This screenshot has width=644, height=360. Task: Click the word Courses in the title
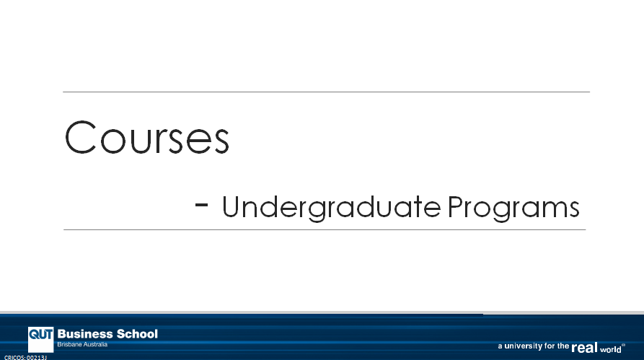tap(146, 137)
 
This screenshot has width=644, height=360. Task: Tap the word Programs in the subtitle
tap(513, 208)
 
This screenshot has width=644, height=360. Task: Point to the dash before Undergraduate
tap(201, 204)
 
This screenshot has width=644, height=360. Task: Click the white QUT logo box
tap(40, 340)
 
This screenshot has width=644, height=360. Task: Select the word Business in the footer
tap(85, 334)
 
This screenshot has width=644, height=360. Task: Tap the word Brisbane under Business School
tap(68, 344)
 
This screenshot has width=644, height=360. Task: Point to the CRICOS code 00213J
tap(37, 358)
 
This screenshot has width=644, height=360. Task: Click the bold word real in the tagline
tap(584, 348)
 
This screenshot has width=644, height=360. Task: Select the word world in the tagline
tap(611, 349)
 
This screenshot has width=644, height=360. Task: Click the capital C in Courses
tap(80, 137)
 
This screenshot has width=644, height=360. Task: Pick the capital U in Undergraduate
tap(232, 206)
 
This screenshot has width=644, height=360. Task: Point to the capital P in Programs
tap(455, 206)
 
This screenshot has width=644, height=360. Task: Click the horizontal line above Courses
tap(326, 92)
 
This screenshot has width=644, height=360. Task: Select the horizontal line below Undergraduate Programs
tap(325, 229)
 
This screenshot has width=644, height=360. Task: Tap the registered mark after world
tap(624, 345)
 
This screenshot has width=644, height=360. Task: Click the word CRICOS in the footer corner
tap(14, 358)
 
